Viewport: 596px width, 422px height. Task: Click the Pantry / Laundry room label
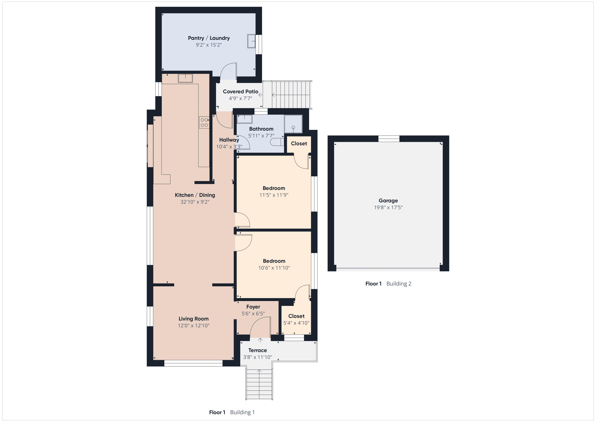click(x=209, y=38)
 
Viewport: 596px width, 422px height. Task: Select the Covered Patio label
click(x=240, y=92)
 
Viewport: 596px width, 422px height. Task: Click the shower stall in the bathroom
click(x=293, y=124)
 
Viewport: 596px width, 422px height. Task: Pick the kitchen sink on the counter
click(x=185, y=78)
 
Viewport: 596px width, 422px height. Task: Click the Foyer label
click(x=253, y=307)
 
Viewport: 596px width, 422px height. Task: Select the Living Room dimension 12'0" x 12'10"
click(x=194, y=326)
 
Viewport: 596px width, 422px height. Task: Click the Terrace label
click(x=257, y=350)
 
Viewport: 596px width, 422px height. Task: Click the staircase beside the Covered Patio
click(x=287, y=95)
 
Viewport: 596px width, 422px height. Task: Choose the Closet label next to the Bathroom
click(x=299, y=143)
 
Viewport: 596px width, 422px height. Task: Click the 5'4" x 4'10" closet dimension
click(x=296, y=323)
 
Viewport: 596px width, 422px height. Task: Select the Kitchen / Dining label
click(x=195, y=195)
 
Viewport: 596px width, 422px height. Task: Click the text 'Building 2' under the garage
click(x=399, y=284)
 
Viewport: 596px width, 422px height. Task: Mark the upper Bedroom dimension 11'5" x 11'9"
click(x=274, y=195)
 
